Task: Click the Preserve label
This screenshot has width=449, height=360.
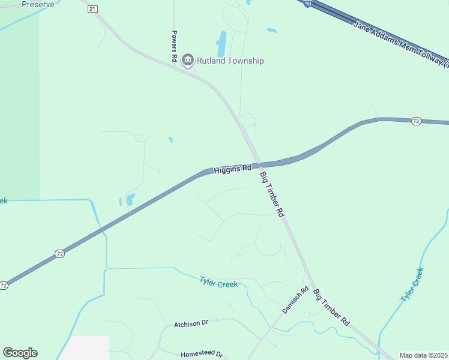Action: (x=38, y=4)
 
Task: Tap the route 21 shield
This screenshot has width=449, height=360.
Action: (x=91, y=9)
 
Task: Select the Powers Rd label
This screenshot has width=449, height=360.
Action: (x=173, y=46)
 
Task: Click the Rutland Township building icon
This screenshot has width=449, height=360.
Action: (x=187, y=60)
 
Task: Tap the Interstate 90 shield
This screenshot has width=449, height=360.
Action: (x=307, y=4)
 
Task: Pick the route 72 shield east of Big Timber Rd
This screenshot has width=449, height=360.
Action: (x=415, y=121)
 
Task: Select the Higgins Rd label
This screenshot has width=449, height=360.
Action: (x=232, y=170)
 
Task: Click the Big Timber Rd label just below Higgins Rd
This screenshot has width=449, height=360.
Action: (x=272, y=194)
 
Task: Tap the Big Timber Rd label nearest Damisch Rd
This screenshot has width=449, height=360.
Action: (x=331, y=307)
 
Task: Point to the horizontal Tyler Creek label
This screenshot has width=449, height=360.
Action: (x=218, y=281)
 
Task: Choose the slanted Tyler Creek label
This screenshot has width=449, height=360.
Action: (x=412, y=284)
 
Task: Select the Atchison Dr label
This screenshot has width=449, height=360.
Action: (x=191, y=323)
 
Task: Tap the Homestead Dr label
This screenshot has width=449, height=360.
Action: (x=201, y=355)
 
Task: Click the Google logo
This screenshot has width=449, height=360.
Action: (x=20, y=353)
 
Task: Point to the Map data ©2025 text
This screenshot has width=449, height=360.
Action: (x=423, y=355)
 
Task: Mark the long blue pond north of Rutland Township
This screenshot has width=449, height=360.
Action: (x=221, y=44)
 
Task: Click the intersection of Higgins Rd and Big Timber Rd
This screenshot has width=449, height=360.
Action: (x=258, y=164)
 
